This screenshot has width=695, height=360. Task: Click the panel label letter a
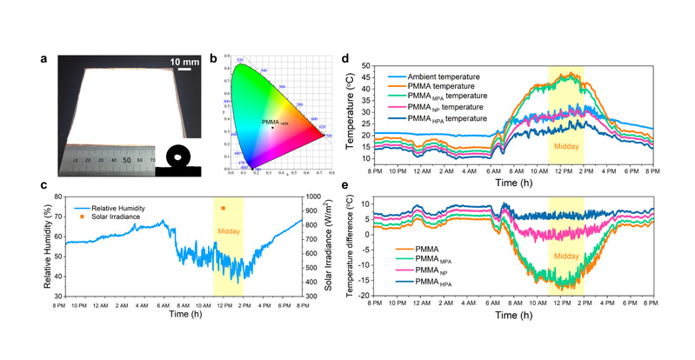[43, 59]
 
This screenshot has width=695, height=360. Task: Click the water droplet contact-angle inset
[178, 159]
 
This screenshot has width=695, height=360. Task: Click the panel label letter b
[214, 59]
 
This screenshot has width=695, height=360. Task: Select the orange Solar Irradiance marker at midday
[224, 209]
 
